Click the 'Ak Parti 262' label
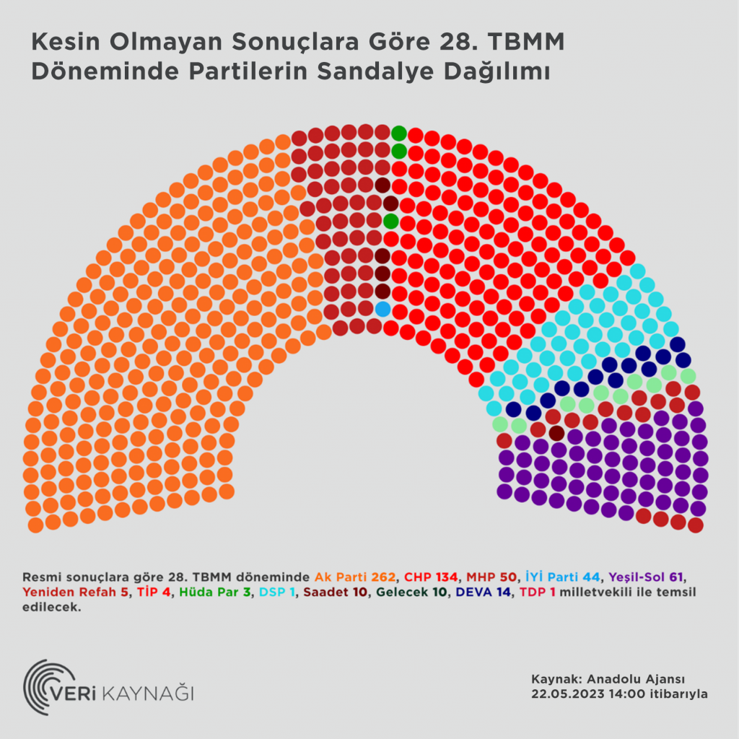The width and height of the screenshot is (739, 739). click(355, 577)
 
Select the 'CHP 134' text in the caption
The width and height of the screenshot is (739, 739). click(431, 577)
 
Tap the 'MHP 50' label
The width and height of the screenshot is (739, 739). click(491, 577)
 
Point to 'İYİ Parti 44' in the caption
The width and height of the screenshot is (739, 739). click(562, 577)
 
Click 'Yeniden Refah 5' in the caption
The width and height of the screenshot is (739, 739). click(74, 592)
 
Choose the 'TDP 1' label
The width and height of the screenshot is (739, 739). click(535, 592)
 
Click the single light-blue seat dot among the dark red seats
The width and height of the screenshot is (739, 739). click(382, 309)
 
